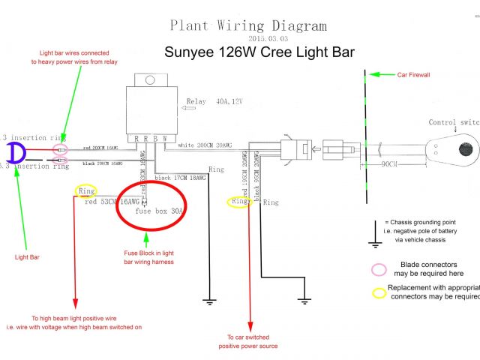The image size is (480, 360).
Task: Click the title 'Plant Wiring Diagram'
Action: [248, 25]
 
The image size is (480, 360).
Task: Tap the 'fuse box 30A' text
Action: [160, 211]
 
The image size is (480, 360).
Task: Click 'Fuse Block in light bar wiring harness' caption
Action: [148, 257]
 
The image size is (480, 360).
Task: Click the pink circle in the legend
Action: [379, 269]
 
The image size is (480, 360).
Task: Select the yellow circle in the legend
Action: [379, 293]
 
